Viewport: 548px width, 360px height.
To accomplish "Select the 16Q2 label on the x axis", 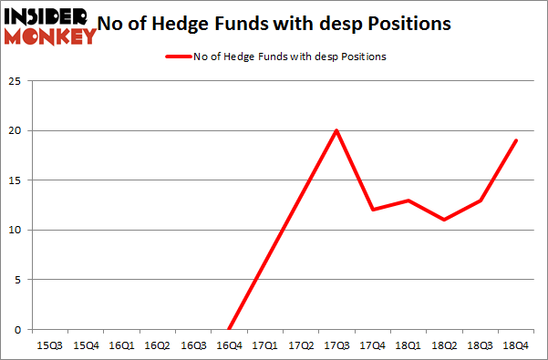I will click(158, 346).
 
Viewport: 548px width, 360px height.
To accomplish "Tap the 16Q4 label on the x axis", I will click(229, 346).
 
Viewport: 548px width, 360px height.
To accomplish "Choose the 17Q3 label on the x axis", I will click(336, 346).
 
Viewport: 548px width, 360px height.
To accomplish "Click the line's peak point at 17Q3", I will click(336, 130).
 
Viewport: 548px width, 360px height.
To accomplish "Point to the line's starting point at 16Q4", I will click(229, 329).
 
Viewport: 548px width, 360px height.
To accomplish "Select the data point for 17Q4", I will click(372, 210).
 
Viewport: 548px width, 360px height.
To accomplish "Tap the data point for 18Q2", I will click(444, 220).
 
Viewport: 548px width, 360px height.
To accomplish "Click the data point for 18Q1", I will click(408, 200).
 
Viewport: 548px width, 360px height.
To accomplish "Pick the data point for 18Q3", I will click(480, 200).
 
